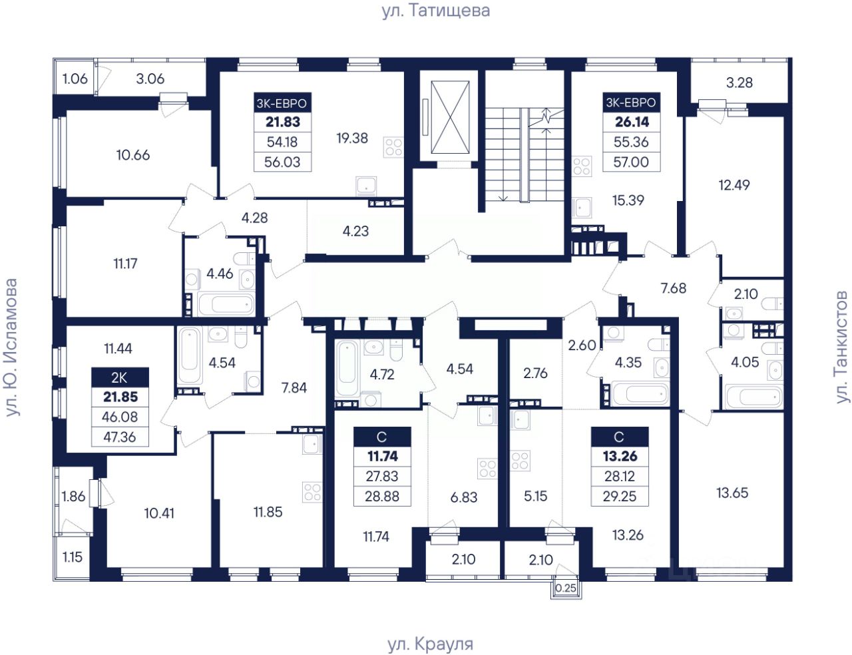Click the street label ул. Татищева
pyautogui.click(x=435, y=11)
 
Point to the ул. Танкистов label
pyautogui.click(x=841, y=347)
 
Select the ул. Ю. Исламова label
pyautogui.click(x=12, y=347)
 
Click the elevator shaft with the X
pyautogui.click(x=450, y=118)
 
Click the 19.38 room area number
pyautogui.click(x=352, y=138)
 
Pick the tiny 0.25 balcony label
pyautogui.click(x=566, y=588)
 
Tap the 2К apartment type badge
pyautogui.click(x=120, y=377)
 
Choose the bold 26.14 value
pyautogui.click(x=632, y=122)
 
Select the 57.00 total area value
pyautogui.click(x=631, y=162)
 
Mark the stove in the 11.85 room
pyautogui.click(x=312, y=493)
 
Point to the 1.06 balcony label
pyautogui.click(x=75, y=79)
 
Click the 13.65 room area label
pyautogui.click(x=732, y=493)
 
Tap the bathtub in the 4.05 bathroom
pyautogui.click(x=753, y=397)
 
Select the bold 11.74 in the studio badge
pyautogui.click(x=382, y=456)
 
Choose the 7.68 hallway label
pyautogui.click(x=673, y=288)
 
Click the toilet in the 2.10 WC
pyautogui.click(x=773, y=304)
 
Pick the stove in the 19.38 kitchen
pyautogui.click(x=393, y=147)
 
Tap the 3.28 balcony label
pyautogui.click(x=740, y=83)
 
